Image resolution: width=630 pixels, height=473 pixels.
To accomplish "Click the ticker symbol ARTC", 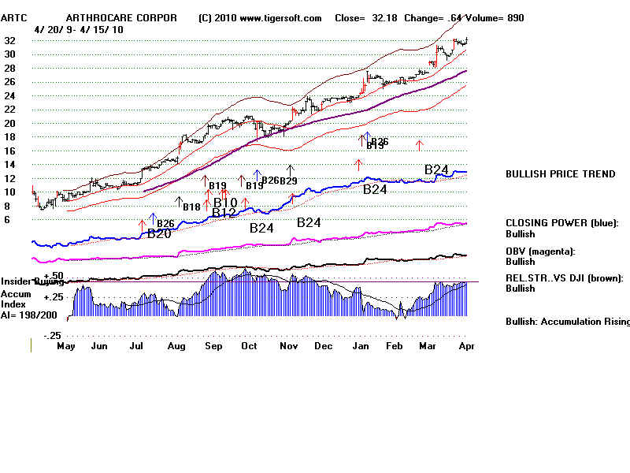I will coord(14,18).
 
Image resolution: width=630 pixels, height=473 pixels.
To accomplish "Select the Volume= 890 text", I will coord(498,18).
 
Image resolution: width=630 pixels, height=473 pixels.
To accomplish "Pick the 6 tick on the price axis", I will coord(7,220).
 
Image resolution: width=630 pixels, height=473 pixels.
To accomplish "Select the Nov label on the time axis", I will coord(289,345).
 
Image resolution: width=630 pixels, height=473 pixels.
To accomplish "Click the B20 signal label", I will coord(160,233).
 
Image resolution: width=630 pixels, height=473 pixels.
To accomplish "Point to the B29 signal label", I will coord(288,181).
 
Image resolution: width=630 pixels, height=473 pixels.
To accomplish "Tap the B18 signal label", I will coord(191,207).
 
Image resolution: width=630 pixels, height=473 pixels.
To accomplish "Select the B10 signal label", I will coord(225,203).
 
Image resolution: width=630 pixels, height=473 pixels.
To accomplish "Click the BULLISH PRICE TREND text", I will coord(561,174).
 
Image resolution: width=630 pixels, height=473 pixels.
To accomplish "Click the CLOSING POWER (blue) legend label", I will coord(561,223).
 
